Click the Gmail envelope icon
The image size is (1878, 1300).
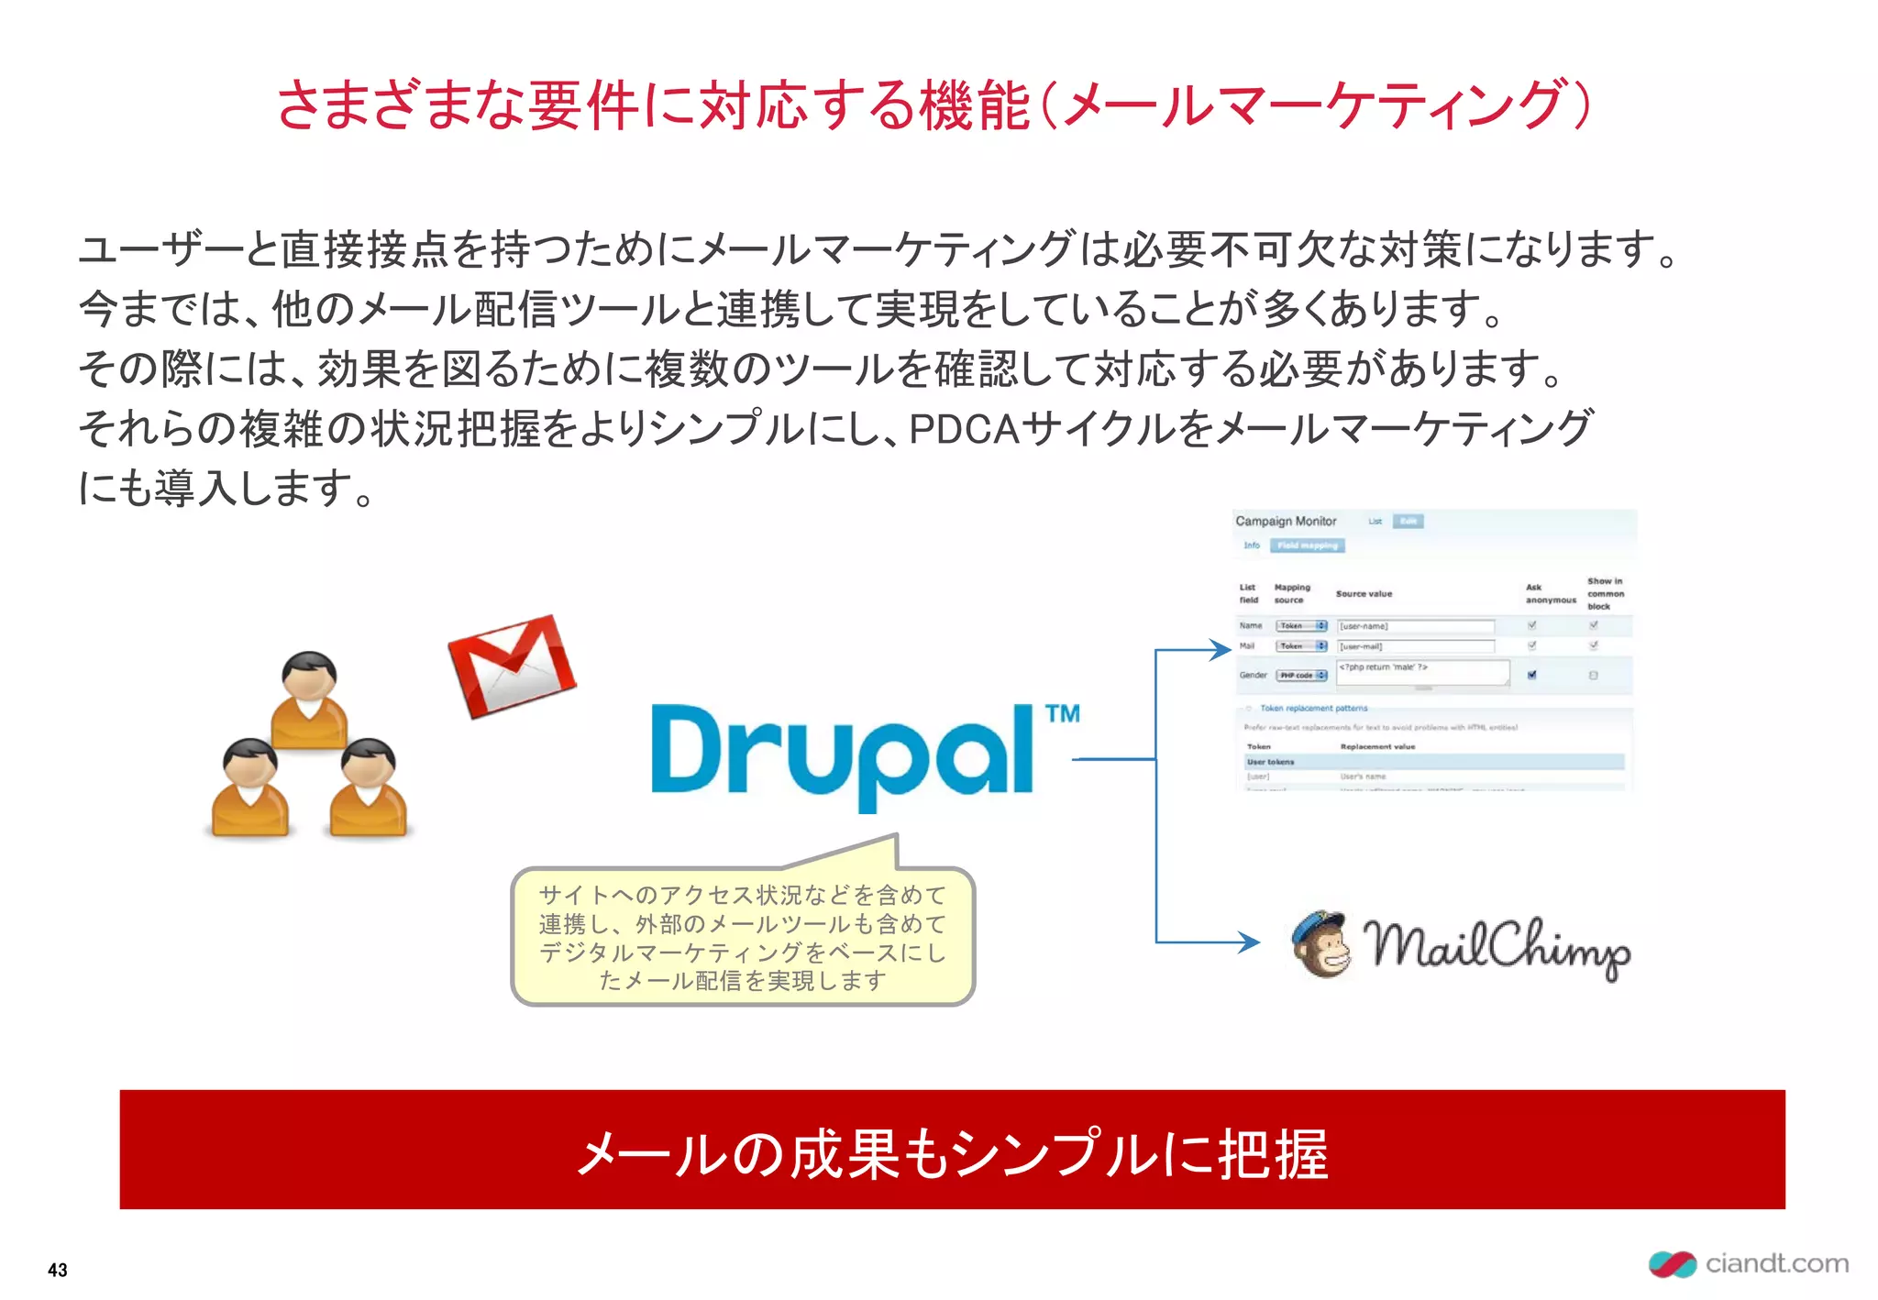pyautogui.click(x=512, y=667)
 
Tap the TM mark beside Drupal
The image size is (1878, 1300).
pyautogui.click(x=1062, y=714)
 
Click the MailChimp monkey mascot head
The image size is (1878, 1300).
pyautogui.click(x=1321, y=944)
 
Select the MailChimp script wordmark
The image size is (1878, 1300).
pyautogui.click(x=1497, y=946)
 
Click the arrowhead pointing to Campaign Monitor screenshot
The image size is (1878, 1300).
pyautogui.click(x=1220, y=650)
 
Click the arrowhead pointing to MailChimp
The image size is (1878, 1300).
pyautogui.click(x=1249, y=942)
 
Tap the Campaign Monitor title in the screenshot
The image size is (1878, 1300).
pyautogui.click(x=1286, y=521)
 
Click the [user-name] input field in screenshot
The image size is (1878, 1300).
pyautogui.click(x=1415, y=626)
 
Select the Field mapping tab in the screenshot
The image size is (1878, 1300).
pyautogui.click(x=1308, y=545)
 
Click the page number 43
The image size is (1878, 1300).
pyautogui.click(x=58, y=1270)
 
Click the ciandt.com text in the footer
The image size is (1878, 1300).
pyautogui.click(x=1776, y=1263)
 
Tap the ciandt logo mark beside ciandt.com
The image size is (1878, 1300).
pyautogui.click(x=1672, y=1264)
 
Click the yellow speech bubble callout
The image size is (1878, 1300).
pyautogui.click(x=743, y=937)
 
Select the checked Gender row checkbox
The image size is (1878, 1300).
pyautogui.click(x=1531, y=676)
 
